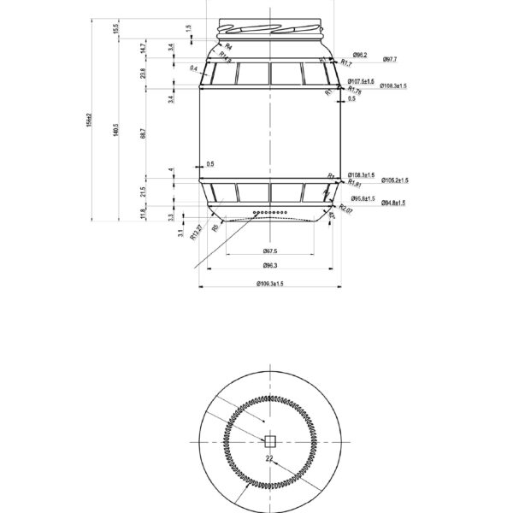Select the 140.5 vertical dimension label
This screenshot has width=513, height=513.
116,127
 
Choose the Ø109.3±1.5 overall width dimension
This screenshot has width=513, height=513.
269,284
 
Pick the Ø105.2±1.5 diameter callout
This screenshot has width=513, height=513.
394,180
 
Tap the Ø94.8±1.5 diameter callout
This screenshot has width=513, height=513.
392,203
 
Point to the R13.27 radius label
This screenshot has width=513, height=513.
196,233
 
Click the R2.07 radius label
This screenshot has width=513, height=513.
346,208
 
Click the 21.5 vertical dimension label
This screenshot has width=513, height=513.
144,190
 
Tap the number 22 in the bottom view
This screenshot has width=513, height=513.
268,459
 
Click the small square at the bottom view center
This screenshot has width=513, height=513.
269,441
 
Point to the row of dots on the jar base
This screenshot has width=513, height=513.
270,211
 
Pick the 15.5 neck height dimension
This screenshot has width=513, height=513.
116,30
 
